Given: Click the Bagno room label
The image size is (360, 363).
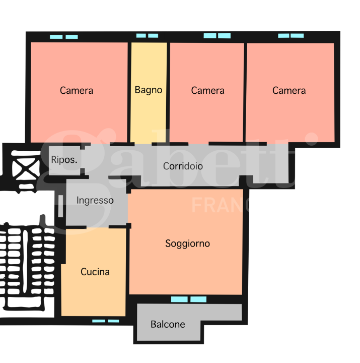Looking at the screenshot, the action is (x=149, y=90).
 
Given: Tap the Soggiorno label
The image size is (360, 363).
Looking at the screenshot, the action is (x=187, y=244).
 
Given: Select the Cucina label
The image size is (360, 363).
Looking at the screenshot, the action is (x=95, y=272).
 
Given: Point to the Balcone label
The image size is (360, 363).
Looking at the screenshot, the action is (x=168, y=324).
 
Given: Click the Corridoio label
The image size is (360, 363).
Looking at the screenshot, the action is (x=183, y=166).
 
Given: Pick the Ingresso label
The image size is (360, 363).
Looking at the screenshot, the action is (x=95, y=201).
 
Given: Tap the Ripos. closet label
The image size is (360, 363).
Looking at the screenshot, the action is (x=64, y=160).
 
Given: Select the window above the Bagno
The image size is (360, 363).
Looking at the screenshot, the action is (x=148, y=36).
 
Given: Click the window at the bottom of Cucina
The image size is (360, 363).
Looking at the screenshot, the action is (x=105, y=321).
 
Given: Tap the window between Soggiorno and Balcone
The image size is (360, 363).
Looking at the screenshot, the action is (x=189, y=299).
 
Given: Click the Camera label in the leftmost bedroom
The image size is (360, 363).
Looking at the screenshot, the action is (x=77, y=91).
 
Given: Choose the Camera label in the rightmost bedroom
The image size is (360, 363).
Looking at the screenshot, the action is (x=289, y=91).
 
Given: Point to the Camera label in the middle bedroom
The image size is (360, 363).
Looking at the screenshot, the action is (x=207, y=91).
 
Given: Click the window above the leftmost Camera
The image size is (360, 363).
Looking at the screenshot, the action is (x=64, y=37).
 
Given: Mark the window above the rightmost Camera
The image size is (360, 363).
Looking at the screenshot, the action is (x=291, y=36).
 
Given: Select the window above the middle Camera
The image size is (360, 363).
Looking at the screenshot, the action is (x=217, y=36).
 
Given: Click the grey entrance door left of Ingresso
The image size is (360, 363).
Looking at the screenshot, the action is (x=60, y=206).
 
